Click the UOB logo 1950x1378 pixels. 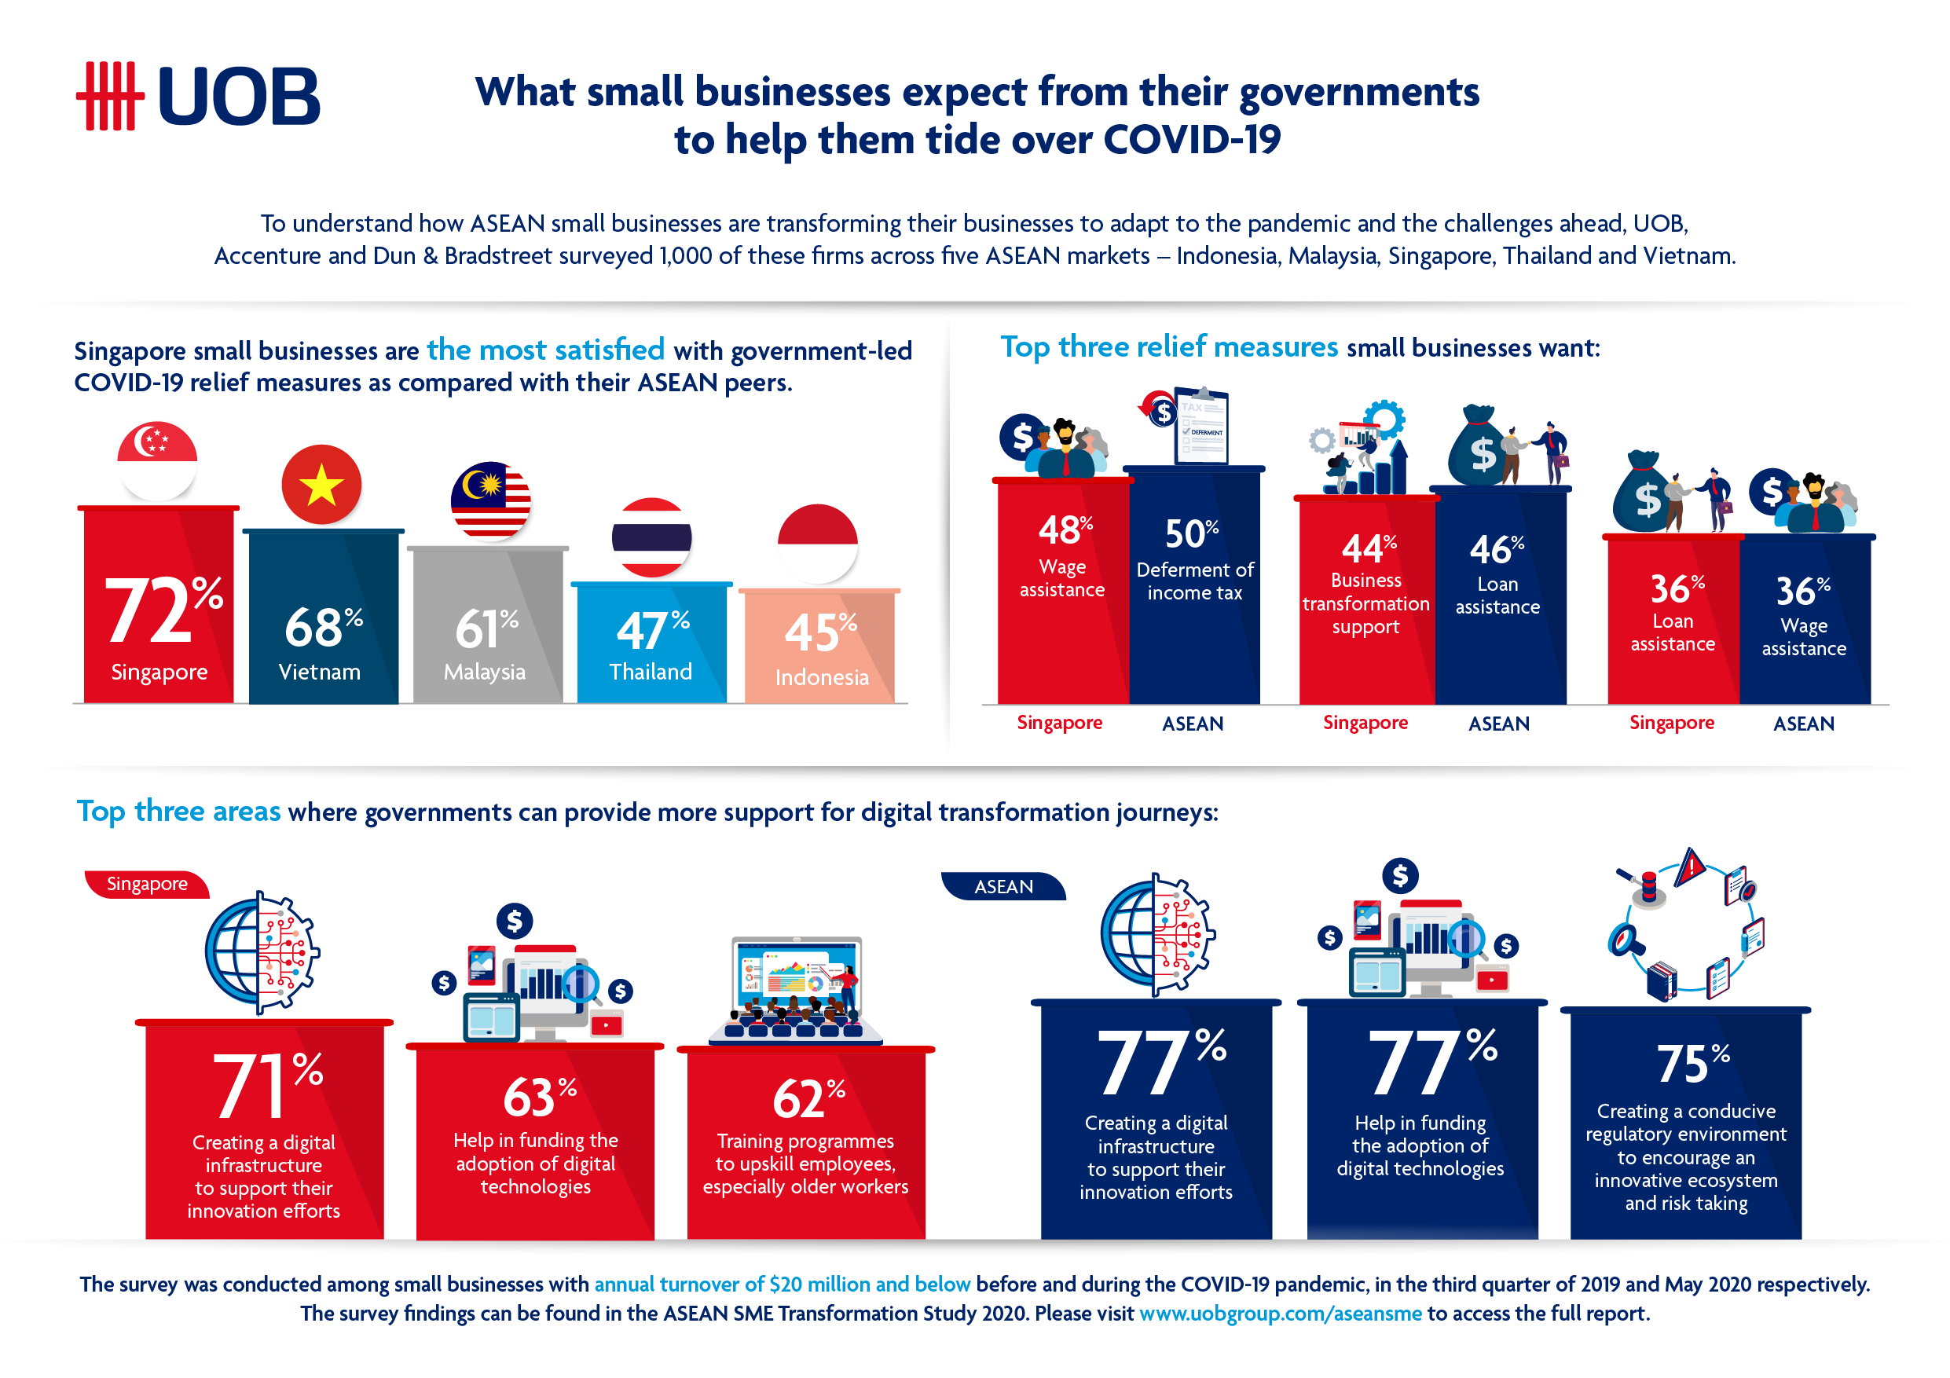point(198,96)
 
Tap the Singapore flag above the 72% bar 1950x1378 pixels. point(157,461)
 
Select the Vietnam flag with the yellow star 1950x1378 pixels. point(321,485)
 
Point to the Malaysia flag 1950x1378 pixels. point(491,500)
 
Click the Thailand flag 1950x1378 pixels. point(651,537)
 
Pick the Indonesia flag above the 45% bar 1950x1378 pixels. point(817,544)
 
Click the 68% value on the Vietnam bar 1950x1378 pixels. point(324,628)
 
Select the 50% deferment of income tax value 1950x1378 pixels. point(1192,533)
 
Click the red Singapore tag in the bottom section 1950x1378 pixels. point(147,884)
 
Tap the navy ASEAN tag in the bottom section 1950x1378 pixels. point(1003,886)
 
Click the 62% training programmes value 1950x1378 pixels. point(808,1098)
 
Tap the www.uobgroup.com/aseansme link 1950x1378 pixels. point(1280,1314)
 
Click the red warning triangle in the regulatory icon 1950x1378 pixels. point(1691,867)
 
